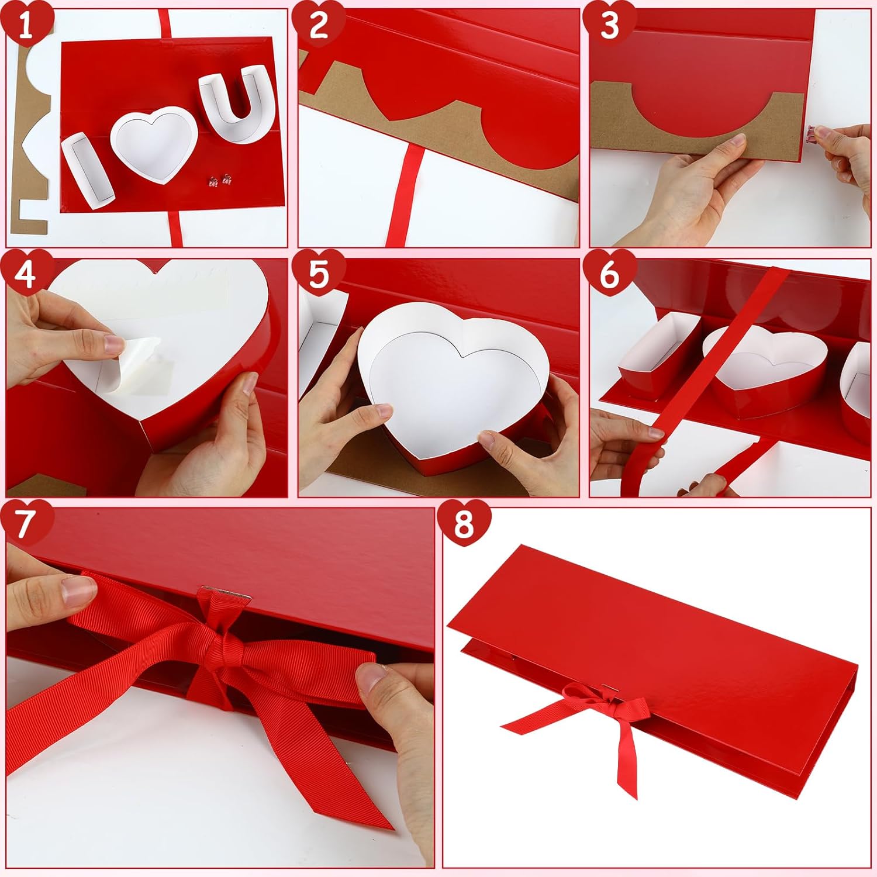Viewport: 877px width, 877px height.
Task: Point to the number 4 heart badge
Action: (x=25, y=273)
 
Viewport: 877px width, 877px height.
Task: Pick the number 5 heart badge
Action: (x=318, y=273)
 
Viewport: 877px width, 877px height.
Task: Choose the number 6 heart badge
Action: (x=609, y=273)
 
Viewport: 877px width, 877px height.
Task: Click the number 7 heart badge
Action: (x=25, y=523)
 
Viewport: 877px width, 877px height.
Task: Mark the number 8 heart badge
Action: (x=463, y=523)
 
